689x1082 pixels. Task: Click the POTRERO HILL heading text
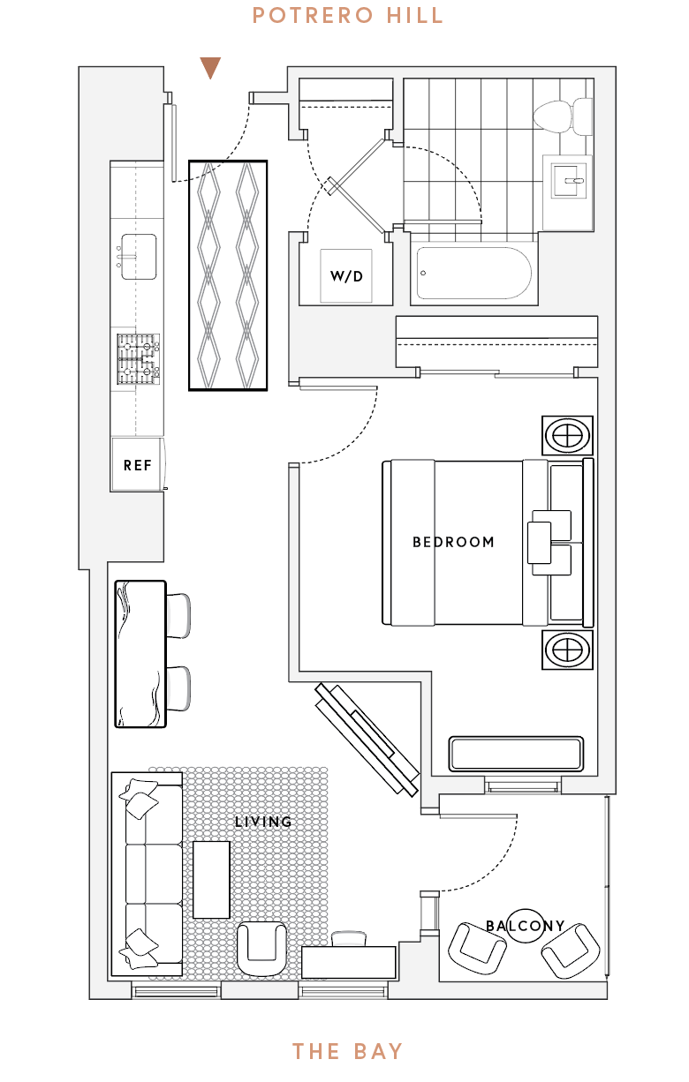(x=348, y=16)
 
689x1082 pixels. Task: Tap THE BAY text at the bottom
(x=348, y=1051)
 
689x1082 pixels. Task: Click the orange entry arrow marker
(x=210, y=68)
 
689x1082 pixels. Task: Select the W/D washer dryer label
(x=346, y=276)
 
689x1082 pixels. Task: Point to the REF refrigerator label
(x=137, y=465)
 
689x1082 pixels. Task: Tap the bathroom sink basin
(x=568, y=181)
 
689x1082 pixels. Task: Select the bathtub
(x=473, y=273)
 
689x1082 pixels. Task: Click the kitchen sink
(x=139, y=257)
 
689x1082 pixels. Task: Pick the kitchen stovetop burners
(x=139, y=359)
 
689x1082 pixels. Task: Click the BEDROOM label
(x=453, y=542)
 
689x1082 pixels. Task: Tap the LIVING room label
(x=263, y=822)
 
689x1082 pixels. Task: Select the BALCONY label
(x=525, y=926)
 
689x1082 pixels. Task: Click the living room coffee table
(x=211, y=880)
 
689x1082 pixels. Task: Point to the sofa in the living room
(x=147, y=874)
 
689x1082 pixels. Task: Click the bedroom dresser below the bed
(x=516, y=754)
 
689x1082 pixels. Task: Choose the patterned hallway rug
(x=228, y=275)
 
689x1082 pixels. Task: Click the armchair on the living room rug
(x=261, y=948)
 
